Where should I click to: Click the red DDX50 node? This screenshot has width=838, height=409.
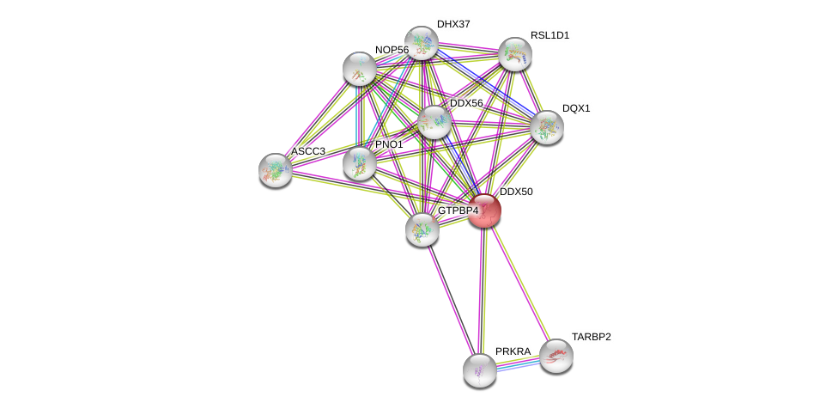click(484, 211)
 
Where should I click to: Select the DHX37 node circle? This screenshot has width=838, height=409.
click(422, 43)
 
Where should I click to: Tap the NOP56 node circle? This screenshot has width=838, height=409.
click(359, 69)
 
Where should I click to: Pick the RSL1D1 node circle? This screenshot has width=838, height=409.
click(515, 54)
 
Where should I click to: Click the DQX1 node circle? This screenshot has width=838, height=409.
click(546, 127)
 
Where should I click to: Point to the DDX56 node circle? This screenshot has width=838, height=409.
click(434, 122)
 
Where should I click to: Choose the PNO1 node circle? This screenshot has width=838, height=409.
click(360, 163)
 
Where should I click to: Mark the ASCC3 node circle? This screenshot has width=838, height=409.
click(276, 170)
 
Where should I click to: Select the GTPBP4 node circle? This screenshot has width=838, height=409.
click(422, 229)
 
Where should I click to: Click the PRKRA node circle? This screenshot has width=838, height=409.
click(480, 370)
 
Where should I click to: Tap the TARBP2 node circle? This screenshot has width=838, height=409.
click(556, 356)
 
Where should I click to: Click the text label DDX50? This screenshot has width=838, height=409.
click(516, 192)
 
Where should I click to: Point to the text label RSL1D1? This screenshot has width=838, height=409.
click(550, 35)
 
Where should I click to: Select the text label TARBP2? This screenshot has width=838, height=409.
click(592, 337)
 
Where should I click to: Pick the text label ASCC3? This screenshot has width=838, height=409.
click(307, 151)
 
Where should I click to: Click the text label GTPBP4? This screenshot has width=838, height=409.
click(458, 211)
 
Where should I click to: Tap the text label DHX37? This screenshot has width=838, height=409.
click(453, 24)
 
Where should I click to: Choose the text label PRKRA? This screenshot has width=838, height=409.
click(513, 351)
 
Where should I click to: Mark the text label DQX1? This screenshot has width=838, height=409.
click(576, 108)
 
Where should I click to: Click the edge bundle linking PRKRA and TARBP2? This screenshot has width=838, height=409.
click(518, 363)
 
